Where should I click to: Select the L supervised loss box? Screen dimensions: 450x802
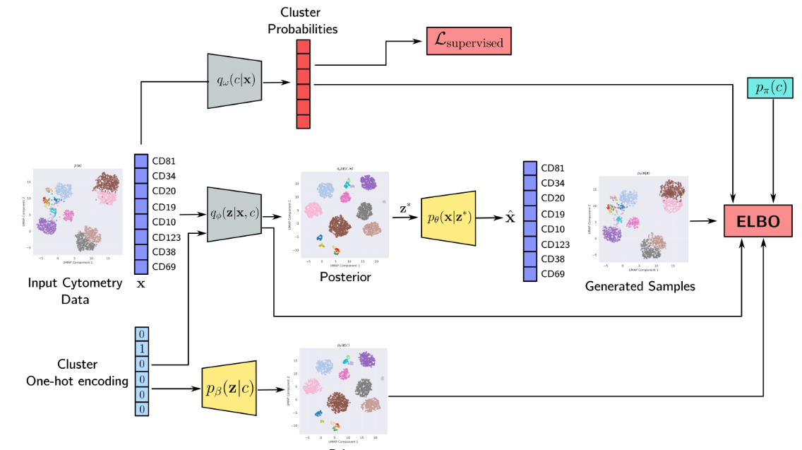[468, 42]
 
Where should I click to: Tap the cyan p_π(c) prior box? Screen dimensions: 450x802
[774, 87]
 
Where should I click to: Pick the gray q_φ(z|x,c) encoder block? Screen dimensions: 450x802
[235, 214]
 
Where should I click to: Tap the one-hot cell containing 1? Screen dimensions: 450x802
[141, 349]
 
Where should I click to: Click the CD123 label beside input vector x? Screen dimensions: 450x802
[167, 237]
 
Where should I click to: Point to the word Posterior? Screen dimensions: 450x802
[345, 277]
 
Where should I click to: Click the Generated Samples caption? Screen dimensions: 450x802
[640, 286]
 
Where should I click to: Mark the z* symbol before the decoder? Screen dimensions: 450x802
[404, 209]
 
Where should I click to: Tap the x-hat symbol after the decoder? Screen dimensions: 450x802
[510, 216]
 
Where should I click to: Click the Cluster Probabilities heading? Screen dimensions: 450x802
[309, 20]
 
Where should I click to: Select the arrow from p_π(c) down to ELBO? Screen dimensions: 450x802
[774, 148]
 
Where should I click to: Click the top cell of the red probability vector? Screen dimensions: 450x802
[303, 47]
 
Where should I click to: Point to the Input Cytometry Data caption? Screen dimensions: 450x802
[75, 290]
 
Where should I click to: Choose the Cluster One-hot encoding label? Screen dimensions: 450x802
[77, 372]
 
